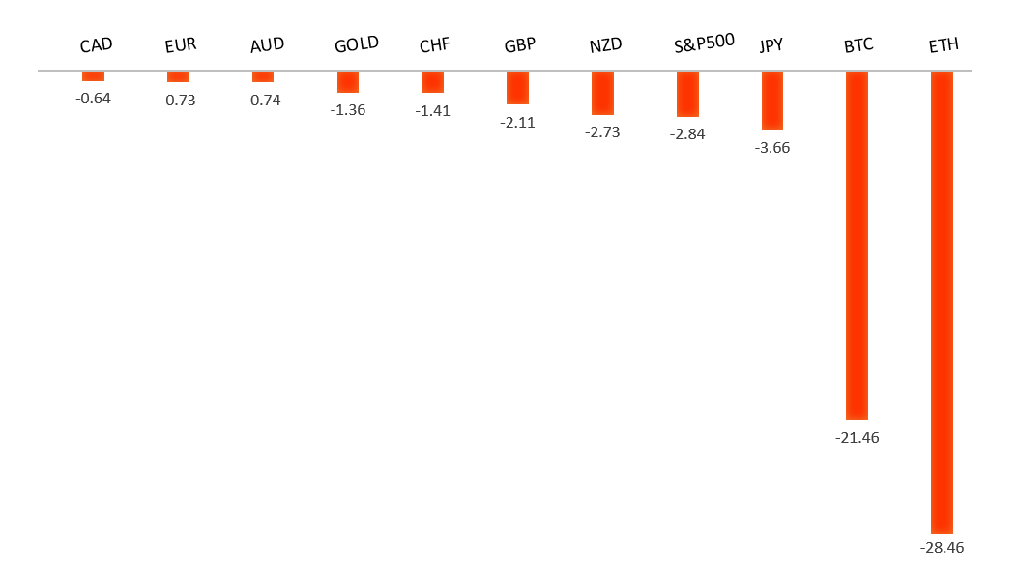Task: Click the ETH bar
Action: coord(942,302)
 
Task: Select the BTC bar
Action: coord(857,245)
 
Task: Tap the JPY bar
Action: coord(771,100)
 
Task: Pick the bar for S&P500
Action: coord(687,94)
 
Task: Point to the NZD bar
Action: coord(602,93)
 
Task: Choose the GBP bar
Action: coord(517,87)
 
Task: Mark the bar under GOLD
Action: coord(348,81)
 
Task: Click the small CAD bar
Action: coord(93,75)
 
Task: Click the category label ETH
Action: coord(942,45)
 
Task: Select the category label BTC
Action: coord(858,45)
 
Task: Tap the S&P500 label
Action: coord(705,43)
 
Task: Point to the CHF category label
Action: coord(434,45)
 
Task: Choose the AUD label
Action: coord(266,45)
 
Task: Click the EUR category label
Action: coord(181,45)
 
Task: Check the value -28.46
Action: coord(942,548)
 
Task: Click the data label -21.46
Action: coord(857,437)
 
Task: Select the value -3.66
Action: coord(771,148)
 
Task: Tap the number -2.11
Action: coord(517,122)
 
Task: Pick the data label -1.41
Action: coord(432,110)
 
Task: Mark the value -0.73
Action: coord(178,100)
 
